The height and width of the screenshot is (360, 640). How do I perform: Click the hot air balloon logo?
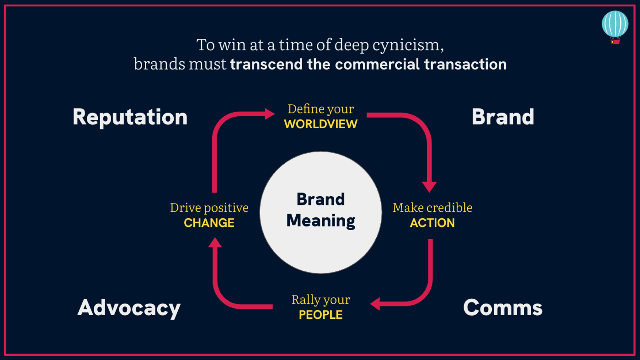(x=615, y=26)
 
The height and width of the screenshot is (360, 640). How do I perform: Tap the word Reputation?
(x=130, y=117)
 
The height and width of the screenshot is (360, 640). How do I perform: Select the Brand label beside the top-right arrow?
(x=502, y=117)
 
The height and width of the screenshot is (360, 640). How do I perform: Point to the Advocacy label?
(x=129, y=308)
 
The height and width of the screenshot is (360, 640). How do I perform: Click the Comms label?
(x=502, y=308)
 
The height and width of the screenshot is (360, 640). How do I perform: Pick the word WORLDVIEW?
(x=320, y=124)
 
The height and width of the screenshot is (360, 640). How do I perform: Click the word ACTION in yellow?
(x=432, y=223)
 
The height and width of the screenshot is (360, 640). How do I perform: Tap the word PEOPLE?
(x=320, y=315)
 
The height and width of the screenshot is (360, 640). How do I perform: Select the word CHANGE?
(x=209, y=223)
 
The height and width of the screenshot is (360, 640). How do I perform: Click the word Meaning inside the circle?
(x=320, y=221)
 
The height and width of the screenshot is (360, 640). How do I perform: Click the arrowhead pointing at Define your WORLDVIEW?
(x=270, y=113)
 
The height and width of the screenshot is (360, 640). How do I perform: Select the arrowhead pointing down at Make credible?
(x=429, y=187)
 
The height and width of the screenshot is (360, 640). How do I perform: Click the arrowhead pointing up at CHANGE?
(x=215, y=243)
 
